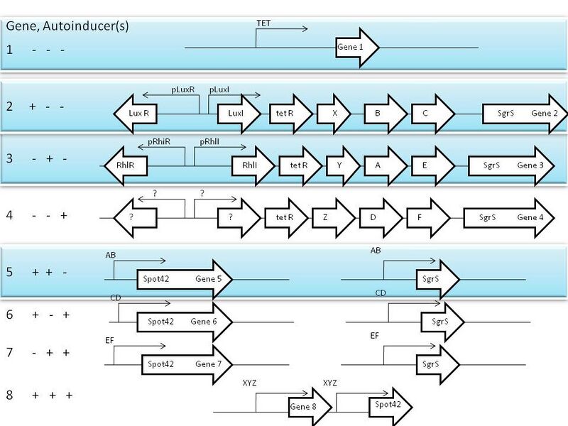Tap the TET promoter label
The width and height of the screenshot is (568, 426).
[x=263, y=23]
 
